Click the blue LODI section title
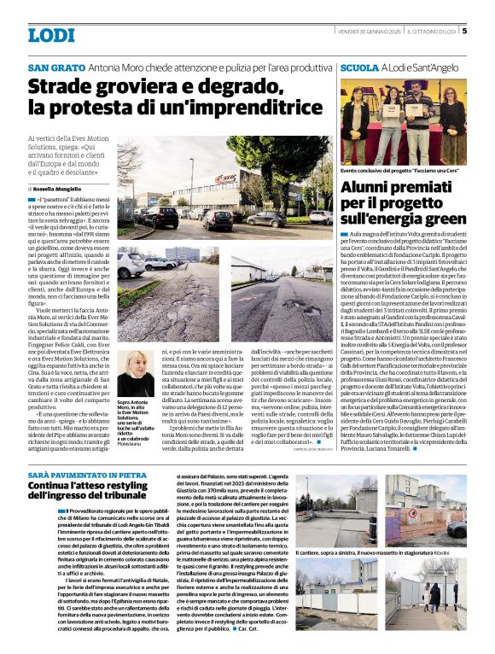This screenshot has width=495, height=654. (50, 35)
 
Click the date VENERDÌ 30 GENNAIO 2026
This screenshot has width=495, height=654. (369, 31)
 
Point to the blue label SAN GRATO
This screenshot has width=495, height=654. (56, 67)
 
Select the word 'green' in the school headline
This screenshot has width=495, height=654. (445, 219)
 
